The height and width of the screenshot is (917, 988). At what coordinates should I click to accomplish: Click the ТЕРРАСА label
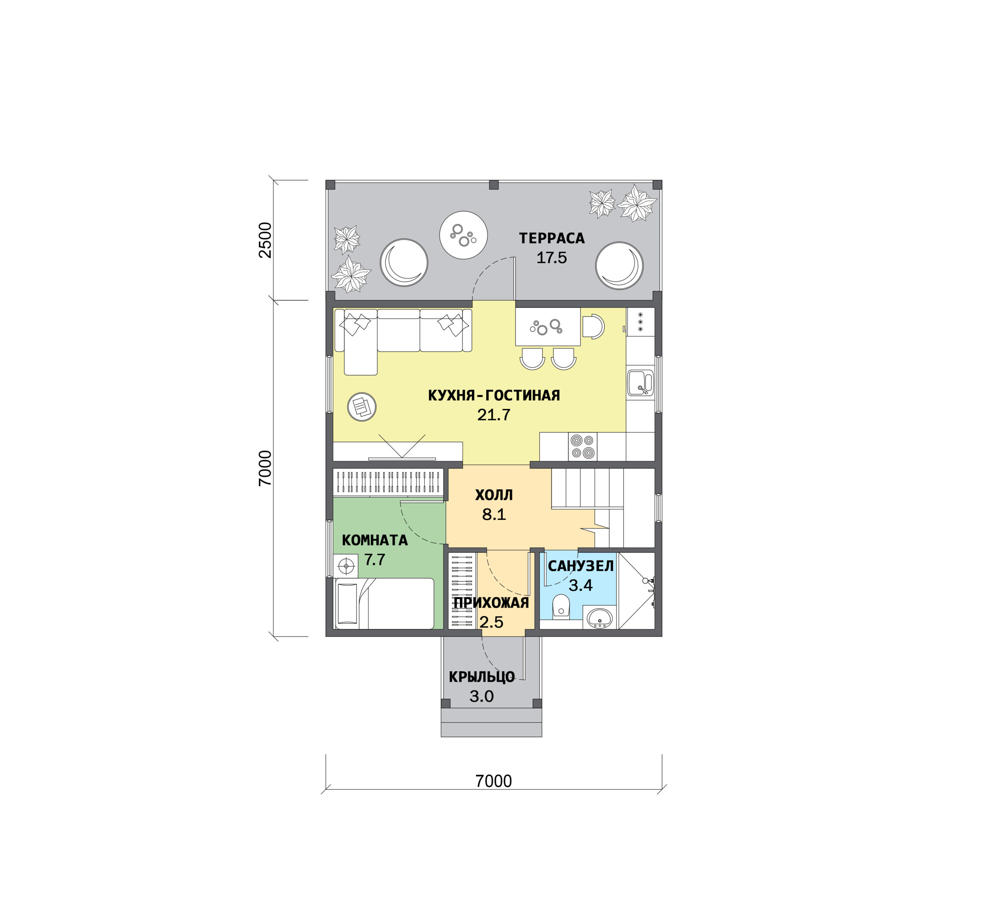click(552, 238)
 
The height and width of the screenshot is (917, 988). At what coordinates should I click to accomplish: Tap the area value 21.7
click(493, 415)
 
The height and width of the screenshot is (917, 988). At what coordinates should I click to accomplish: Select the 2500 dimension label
click(266, 240)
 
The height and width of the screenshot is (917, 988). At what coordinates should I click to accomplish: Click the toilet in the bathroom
click(561, 606)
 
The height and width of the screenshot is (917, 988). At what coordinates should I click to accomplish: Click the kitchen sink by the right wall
click(640, 382)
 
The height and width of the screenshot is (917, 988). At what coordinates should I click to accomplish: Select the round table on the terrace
click(463, 235)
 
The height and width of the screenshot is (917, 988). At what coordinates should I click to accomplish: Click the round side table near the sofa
click(362, 407)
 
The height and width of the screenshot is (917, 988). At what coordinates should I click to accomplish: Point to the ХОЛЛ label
click(493, 495)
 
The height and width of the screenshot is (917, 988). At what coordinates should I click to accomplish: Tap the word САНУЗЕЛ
click(580, 566)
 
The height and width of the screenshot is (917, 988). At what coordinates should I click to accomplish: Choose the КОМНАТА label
click(375, 540)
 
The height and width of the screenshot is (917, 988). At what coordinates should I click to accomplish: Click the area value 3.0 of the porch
click(481, 696)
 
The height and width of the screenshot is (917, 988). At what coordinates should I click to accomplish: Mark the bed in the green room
click(384, 603)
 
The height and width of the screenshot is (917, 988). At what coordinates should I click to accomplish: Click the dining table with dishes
click(547, 327)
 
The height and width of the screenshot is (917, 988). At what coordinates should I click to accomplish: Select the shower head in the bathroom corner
click(646, 580)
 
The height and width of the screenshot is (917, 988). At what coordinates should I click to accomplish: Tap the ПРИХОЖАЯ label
click(491, 603)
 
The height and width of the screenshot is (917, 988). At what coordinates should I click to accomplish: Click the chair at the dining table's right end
click(593, 327)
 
